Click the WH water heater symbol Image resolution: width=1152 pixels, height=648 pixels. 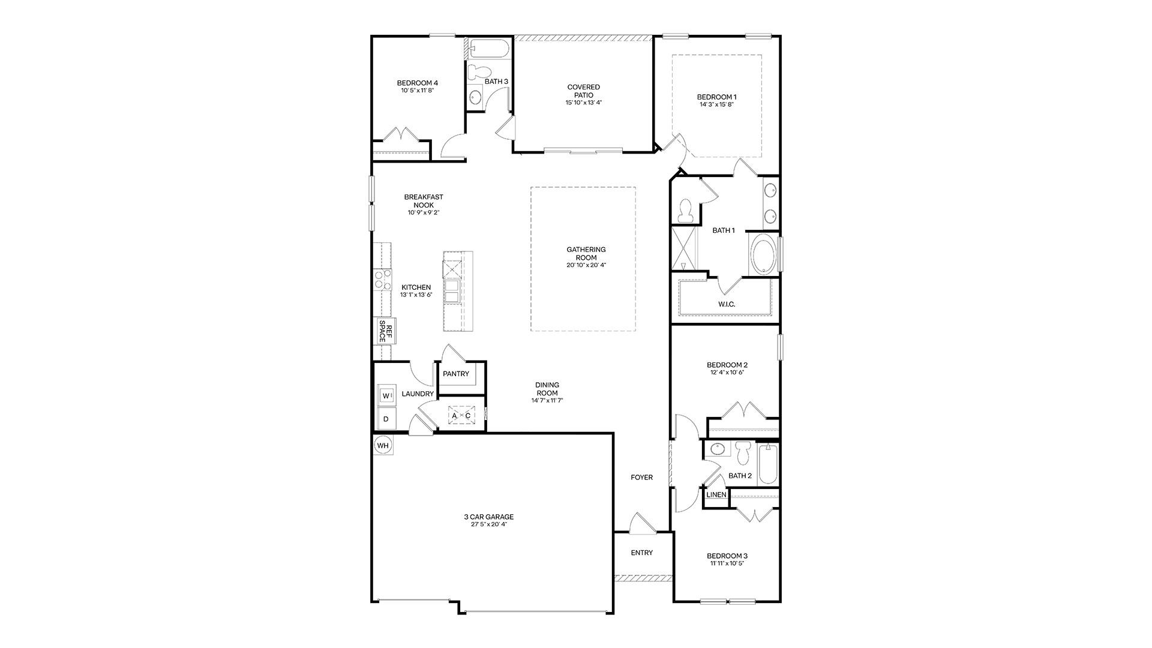point(383,446)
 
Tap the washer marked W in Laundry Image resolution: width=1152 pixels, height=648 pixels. point(386,395)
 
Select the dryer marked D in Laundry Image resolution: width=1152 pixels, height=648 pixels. point(386,419)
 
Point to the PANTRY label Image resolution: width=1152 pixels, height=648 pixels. point(456,374)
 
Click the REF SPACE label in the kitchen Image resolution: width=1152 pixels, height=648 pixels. point(385,331)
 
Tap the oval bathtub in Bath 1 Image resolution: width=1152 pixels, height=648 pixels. point(763,254)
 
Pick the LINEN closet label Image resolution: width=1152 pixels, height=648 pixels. point(716,495)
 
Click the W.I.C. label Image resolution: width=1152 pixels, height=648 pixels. point(727,304)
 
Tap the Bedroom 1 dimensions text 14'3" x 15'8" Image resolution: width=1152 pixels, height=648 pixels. point(716,104)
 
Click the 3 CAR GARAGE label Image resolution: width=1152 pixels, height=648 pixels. point(489,517)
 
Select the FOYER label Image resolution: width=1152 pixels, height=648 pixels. point(641,478)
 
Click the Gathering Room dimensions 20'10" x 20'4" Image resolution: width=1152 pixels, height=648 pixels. point(586,265)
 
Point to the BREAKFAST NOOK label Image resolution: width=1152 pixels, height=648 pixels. point(424,201)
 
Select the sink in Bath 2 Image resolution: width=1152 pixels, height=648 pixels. point(717,449)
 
